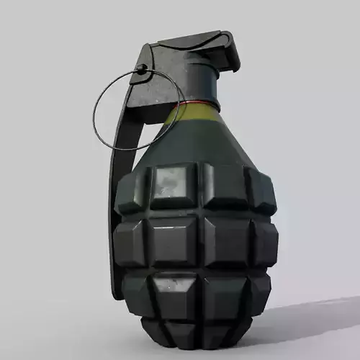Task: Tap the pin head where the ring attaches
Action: [143, 69]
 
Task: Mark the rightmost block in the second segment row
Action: [265, 241]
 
